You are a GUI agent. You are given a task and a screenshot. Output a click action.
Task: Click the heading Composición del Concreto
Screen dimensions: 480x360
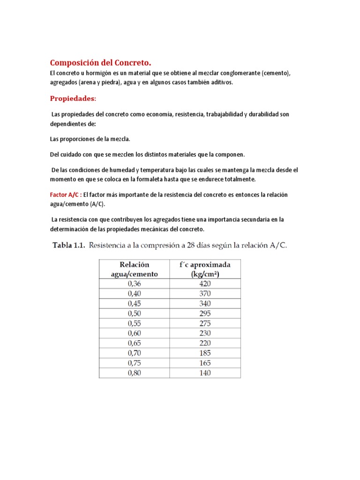(101, 63)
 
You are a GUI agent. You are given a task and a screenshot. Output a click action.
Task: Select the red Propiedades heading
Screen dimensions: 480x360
(73, 98)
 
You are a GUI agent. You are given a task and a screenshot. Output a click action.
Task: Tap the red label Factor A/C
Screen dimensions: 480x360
(66, 195)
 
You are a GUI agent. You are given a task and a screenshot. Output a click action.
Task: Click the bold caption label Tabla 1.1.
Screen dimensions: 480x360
(67, 245)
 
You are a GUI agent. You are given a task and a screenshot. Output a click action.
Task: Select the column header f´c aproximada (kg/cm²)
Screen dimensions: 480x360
(205, 269)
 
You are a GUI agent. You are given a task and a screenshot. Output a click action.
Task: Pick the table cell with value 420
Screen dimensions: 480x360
(205, 284)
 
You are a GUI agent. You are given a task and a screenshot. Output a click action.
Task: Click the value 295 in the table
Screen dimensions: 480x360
(205, 313)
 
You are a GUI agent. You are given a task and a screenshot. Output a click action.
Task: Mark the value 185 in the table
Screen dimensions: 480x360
(205, 353)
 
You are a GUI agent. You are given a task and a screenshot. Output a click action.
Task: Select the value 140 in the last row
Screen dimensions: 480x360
(205, 373)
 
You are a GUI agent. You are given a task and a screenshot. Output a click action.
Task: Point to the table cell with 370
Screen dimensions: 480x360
(205, 293)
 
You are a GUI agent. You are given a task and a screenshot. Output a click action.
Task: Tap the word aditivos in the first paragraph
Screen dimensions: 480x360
(220, 82)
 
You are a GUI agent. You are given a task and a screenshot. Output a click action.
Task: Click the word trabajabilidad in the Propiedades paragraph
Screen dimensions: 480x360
(222, 114)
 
